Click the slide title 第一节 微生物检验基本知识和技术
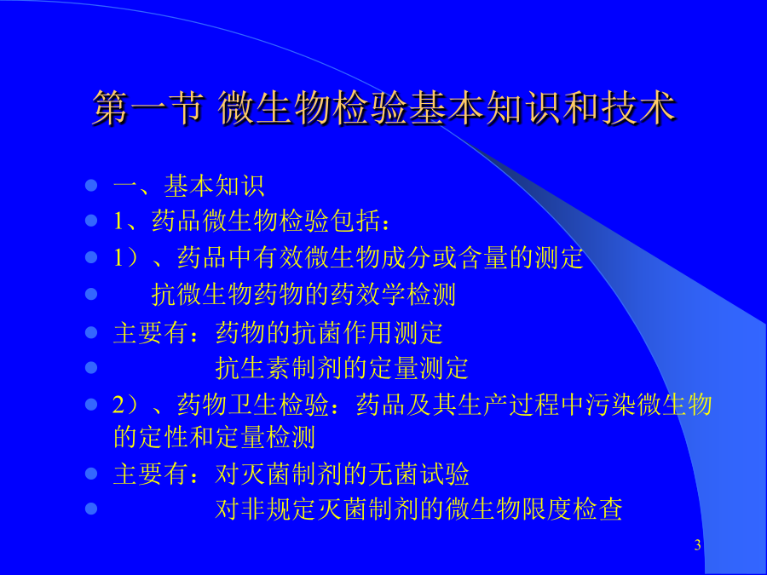pos(384,107)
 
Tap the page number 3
pos(697,544)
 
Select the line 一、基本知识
pos(189,186)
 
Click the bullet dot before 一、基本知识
pos(91,186)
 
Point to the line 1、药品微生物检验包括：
pos(252,221)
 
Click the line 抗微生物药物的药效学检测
pos(303,295)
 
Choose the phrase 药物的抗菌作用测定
pos(329,333)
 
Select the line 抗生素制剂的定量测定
pos(342,368)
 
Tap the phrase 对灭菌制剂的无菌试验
pos(342,474)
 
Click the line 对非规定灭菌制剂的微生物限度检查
pos(418,509)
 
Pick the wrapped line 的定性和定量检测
pos(214,437)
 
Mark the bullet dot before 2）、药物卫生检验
pos(91,405)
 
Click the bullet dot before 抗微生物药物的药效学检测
pos(91,294)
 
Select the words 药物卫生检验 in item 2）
pos(253,405)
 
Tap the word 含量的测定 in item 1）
pos(521,257)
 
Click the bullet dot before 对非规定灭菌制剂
pos(91,509)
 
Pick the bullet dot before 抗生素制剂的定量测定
pos(91,367)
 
